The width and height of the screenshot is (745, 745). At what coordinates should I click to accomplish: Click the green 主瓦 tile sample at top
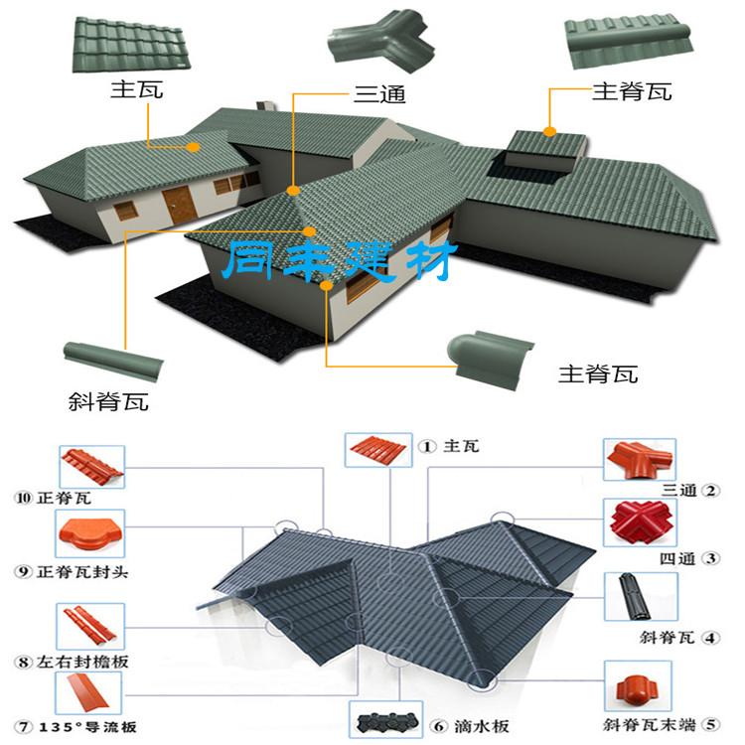pyautogui.click(x=131, y=45)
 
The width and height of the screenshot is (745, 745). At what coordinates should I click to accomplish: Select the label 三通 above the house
pyautogui.click(x=379, y=94)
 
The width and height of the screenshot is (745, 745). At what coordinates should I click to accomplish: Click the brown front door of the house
pyautogui.click(x=179, y=205)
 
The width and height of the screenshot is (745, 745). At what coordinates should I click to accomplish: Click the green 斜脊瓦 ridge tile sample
pyautogui.click(x=113, y=361)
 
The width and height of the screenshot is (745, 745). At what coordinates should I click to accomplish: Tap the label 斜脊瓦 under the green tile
pyautogui.click(x=108, y=401)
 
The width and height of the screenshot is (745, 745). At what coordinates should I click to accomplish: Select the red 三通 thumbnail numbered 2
pyautogui.click(x=640, y=460)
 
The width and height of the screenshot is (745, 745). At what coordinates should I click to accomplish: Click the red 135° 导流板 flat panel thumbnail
pyautogui.click(x=88, y=692)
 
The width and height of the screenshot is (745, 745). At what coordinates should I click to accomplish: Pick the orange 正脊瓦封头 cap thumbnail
pyautogui.click(x=90, y=533)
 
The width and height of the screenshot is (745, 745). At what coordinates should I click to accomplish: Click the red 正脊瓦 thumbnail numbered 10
pyautogui.click(x=91, y=467)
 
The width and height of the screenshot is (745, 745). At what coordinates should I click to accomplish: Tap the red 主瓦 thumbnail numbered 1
pyautogui.click(x=378, y=450)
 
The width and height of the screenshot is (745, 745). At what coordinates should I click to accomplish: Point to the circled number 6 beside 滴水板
pyautogui.click(x=439, y=726)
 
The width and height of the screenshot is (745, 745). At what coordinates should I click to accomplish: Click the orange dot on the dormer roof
pyautogui.click(x=549, y=131)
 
